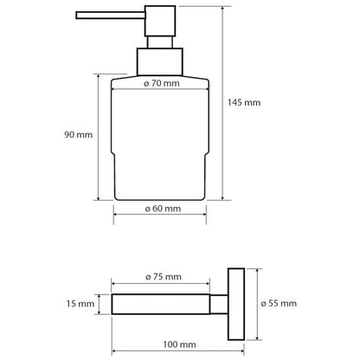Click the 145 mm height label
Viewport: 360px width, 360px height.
tap(244, 102)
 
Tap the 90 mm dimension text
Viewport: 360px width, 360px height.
tap(79, 134)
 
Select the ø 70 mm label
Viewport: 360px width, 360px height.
tap(162, 83)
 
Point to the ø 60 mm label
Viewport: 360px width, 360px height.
tap(163, 209)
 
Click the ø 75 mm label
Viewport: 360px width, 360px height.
tap(164, 277)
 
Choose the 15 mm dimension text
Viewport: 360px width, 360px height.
tap(80, 304)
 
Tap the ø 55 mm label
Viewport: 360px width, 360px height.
tap(279, 303)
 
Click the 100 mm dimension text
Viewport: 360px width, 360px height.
tap(179, 344)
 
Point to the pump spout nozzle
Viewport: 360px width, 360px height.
tap(111, 16)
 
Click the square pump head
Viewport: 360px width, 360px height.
tap(160, 21)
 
